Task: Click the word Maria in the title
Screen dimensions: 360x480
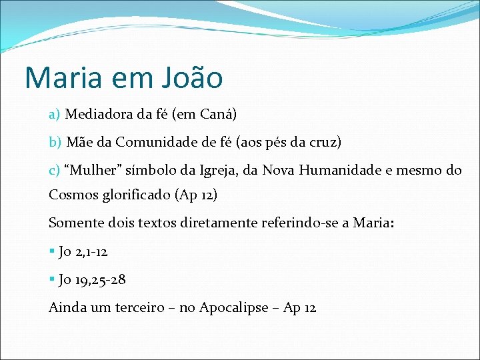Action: click(x=64, y=78)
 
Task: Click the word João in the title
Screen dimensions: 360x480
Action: click(x=192, y=78)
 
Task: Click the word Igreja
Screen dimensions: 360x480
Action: click(x=220, y=170)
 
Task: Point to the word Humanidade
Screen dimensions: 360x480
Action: click(x=339, y=170)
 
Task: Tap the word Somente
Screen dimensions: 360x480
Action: click(x=77, y=223)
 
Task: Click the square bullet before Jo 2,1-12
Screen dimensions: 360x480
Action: click(x=51, y=252)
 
